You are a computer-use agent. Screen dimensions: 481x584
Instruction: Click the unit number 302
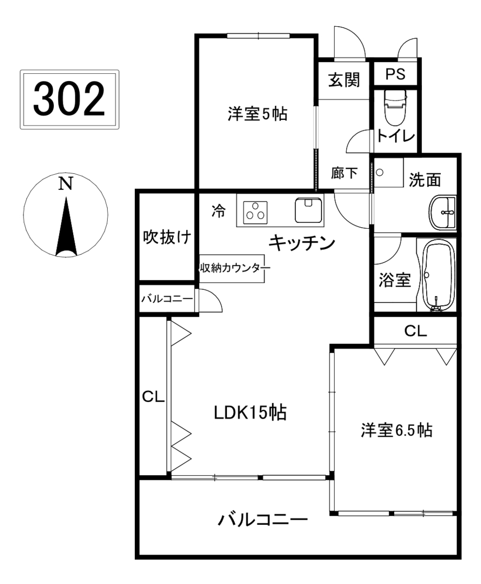click(69, 99)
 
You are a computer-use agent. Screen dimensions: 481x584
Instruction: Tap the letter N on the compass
click(65, 184)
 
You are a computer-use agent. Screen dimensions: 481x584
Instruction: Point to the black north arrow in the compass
click(66, 227)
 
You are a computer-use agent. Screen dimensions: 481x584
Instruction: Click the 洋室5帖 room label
click(257, 114)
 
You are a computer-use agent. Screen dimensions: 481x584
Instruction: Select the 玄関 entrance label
click(344, 80)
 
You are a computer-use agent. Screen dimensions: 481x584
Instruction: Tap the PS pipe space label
click(395, 74)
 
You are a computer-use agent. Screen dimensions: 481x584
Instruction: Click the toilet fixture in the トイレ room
click(395, 108)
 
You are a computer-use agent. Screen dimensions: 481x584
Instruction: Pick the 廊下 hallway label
click(344, 173)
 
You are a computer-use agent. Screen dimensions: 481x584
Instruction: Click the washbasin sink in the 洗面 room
click(442, 212)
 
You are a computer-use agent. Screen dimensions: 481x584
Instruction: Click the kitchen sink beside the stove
click(308, 210)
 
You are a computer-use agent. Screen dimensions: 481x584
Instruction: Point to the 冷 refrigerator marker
click(219, 211)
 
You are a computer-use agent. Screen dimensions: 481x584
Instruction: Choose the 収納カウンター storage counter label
click(235, 268)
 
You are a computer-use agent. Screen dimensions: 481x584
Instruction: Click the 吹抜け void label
click(167, 237)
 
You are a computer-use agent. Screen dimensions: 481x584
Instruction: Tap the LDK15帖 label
click(250, 413)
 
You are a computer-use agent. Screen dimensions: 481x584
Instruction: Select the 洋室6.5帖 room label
click(396, 431)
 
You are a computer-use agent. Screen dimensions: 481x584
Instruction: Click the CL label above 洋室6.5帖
click(415, 331)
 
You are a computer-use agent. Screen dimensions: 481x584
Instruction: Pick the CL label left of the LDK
click(153, 397)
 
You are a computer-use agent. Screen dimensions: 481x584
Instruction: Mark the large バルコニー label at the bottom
click(262, 520)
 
